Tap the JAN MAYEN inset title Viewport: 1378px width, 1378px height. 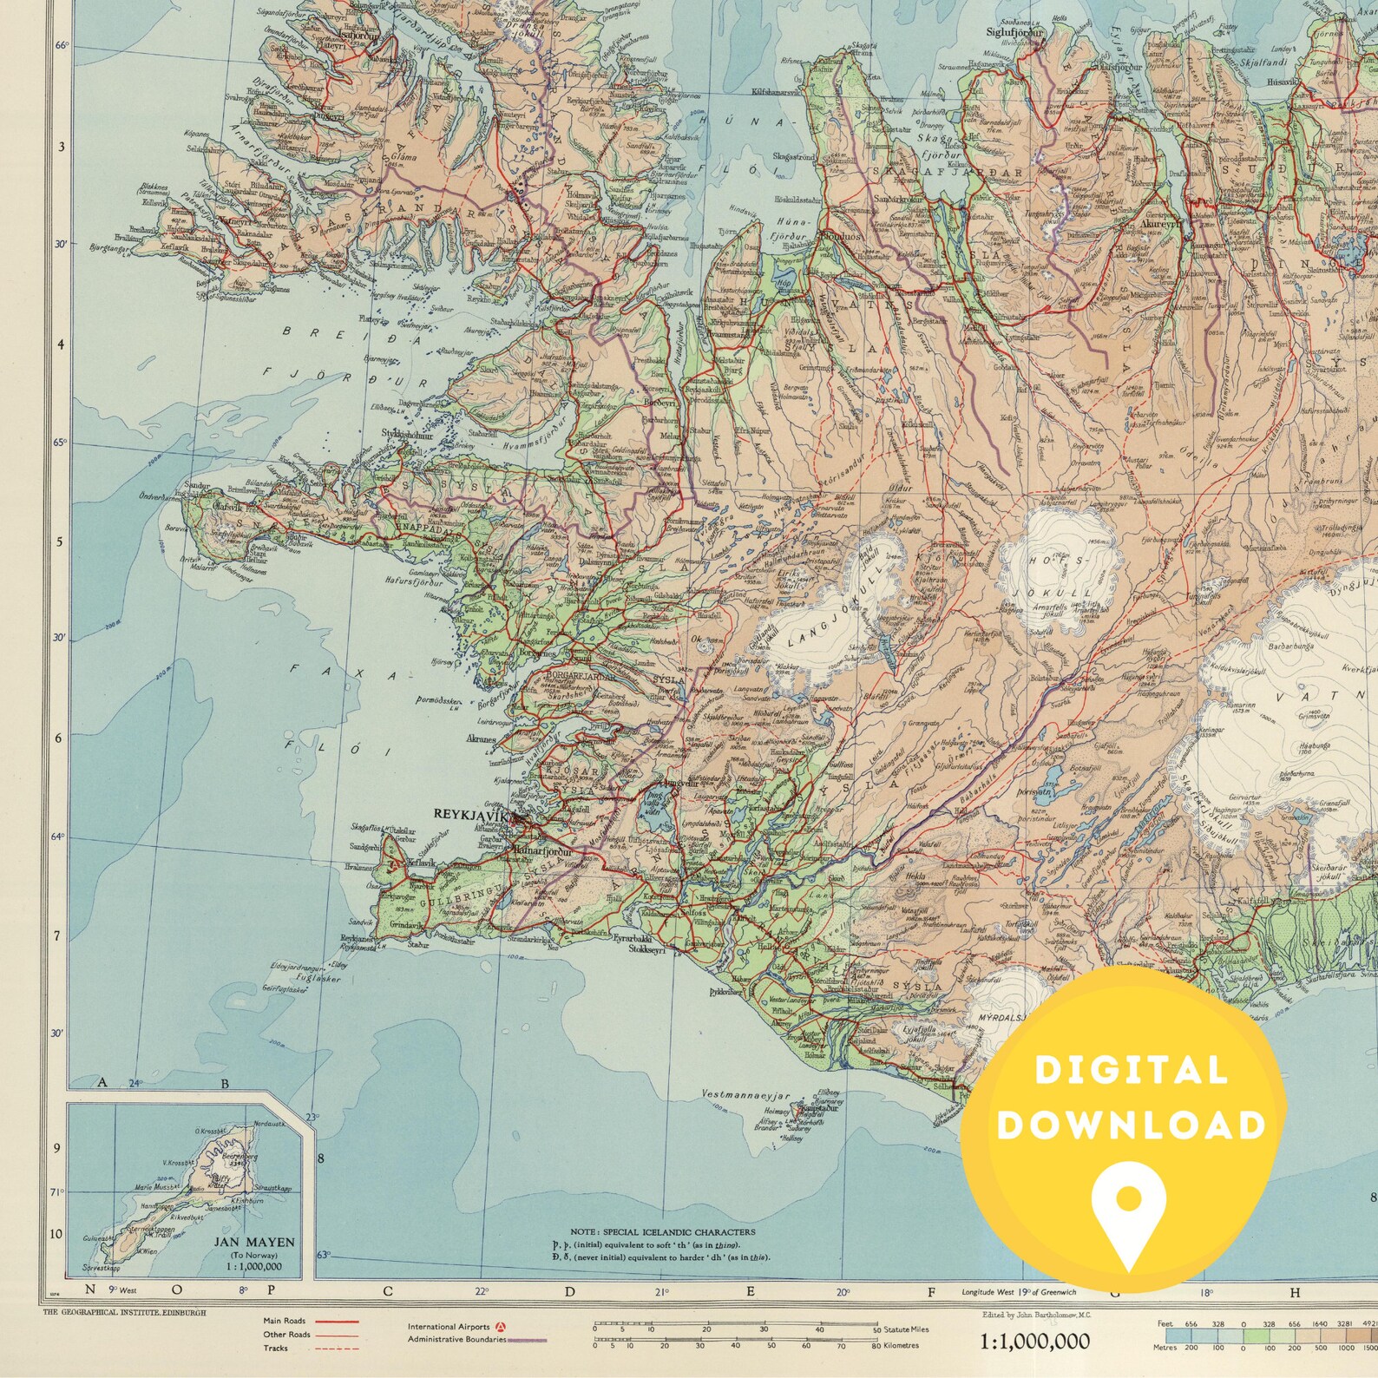pos(254,1243)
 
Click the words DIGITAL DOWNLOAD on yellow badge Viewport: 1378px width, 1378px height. pos(1131,1098)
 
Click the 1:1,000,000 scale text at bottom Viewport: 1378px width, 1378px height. pos(1034,1342)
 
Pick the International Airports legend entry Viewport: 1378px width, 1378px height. pos(451,1326)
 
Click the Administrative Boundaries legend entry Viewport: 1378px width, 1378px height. pos(457,1339)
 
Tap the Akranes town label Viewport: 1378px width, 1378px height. pos(481,740)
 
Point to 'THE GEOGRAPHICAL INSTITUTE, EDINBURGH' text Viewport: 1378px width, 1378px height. pos(124,1313)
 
